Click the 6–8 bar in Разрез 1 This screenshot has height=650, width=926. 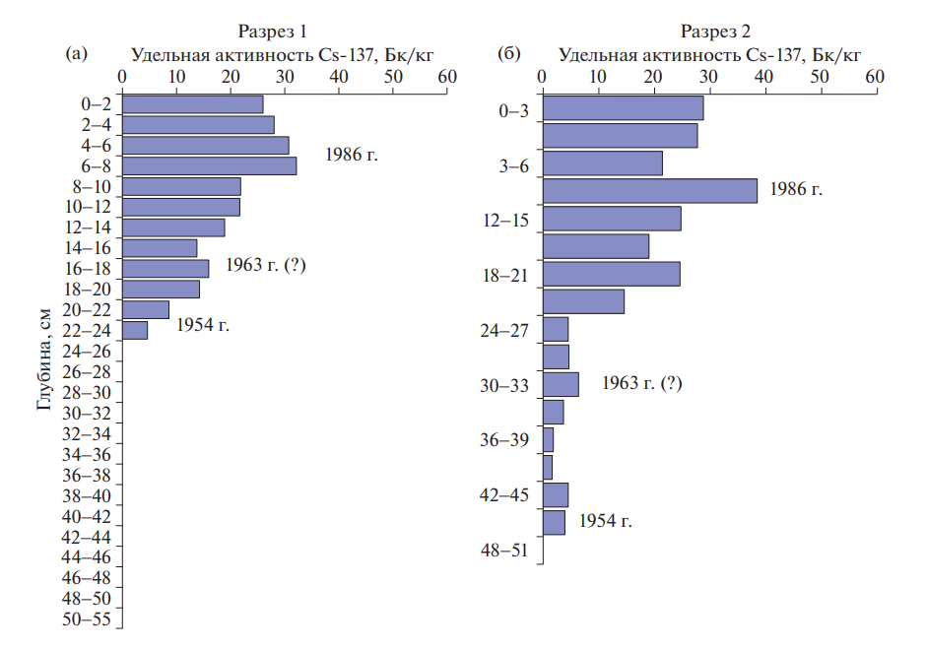(x=209, y=165)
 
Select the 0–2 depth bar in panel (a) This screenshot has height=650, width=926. (x=192, y=104)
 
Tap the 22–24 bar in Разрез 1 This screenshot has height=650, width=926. (x=134, y=330)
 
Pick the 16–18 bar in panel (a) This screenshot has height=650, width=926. (x=165, y=268)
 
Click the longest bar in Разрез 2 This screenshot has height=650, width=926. (x=650, y=191)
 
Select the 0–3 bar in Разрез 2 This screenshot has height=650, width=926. (x=623, y=108)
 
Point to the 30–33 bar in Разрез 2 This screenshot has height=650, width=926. (x=561, y=384)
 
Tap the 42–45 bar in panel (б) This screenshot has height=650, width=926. (x=556, y=494)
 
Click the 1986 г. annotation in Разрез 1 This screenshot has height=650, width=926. (x=352, y=155)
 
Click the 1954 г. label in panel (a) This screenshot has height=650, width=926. (x=203, y=325)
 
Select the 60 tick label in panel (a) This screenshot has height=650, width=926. (x=446, y=76)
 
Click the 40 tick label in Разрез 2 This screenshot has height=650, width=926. (x=763, y=76)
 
